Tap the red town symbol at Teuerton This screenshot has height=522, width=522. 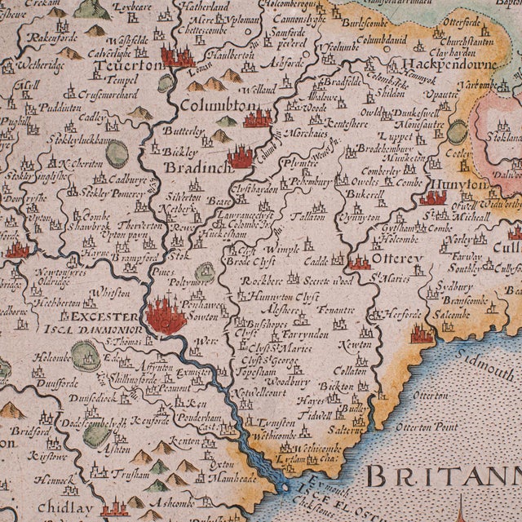coord(178,56)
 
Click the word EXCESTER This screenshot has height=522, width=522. coord(106,316)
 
